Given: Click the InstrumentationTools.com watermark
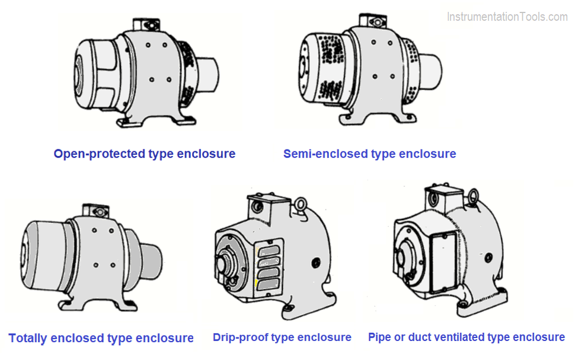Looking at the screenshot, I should pyautogui.click(x=507, y=17).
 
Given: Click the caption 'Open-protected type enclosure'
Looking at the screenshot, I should pyautogui.click(x=144, y=154).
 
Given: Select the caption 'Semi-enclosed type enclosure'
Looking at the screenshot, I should pyautogui.click(x=369, y=154).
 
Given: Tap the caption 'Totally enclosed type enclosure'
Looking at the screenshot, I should pyautogui.click(x=101, y=339).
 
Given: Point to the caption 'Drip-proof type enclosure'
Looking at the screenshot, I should pyautogui.click(x=282, y=338).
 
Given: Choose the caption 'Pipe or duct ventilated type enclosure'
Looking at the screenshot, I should pyautogui.click(x=466, y=337).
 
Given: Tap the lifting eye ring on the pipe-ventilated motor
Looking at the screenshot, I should pyautogui.click(x=474, y=197).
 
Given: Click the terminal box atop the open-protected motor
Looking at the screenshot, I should pyautogui.click(x=144, y=24).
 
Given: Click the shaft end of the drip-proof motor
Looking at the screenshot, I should pyautogui.click(x=226, y=265).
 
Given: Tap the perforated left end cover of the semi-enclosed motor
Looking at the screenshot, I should pyautogui.click(x=320, y=65).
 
